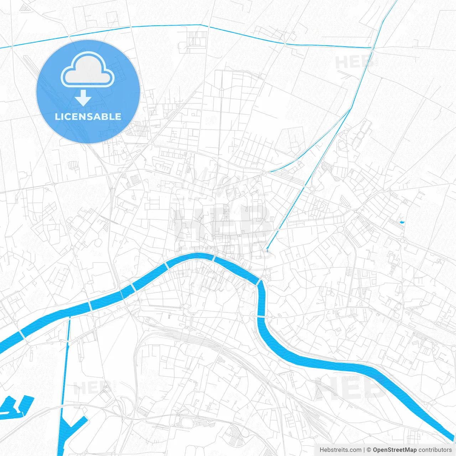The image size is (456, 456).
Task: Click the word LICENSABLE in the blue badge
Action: point(88,116)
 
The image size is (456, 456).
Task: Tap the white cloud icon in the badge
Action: point(88,70)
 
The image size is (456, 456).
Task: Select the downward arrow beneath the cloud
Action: point(83,98)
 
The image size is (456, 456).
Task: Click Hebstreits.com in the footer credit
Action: point(340,450)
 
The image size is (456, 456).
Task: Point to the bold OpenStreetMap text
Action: point(394,450)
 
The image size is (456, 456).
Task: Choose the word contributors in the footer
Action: point(435,450)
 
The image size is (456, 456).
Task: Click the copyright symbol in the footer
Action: point(369,450)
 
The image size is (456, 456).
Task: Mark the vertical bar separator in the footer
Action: point(364,450)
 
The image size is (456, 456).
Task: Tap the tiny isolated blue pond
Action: point(402,222)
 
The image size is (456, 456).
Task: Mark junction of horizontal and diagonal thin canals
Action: point(372,48)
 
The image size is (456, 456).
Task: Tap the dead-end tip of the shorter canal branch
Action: point(270,172)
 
